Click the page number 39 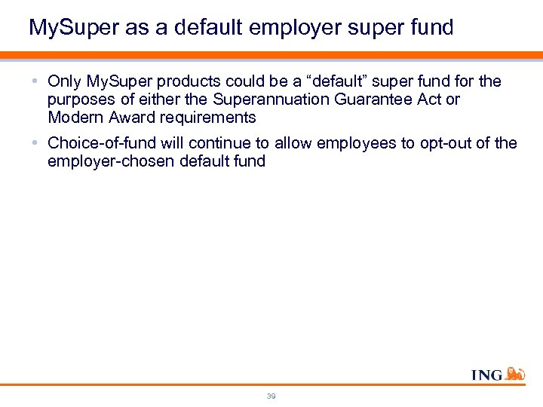(x=271, y=395)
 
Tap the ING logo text (x=486, y=375)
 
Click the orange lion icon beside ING (x=515, y=373)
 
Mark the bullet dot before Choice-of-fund (x=36, y=143)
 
